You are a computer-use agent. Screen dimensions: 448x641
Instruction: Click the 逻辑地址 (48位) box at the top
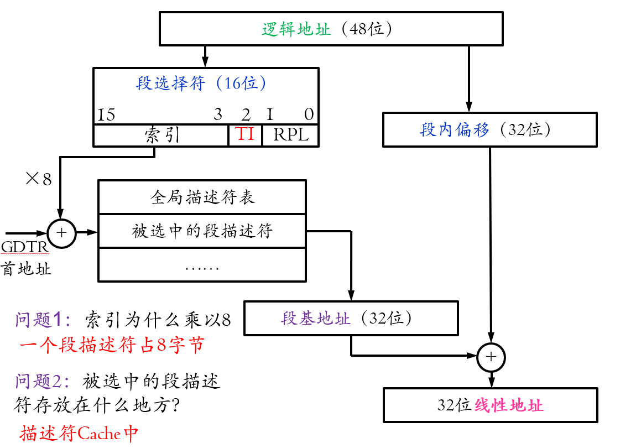(331, 29)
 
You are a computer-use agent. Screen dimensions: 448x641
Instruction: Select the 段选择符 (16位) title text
(202, 84)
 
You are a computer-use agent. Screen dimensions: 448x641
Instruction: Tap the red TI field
(245, 134)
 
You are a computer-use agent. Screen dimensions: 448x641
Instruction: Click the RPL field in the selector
(290, 135)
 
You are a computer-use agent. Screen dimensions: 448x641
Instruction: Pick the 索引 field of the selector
(161, 135)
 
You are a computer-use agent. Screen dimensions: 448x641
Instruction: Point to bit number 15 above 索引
(106, 114)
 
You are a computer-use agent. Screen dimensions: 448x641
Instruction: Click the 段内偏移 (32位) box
(490, 130)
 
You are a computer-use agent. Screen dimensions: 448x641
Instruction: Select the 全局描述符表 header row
(202, 197)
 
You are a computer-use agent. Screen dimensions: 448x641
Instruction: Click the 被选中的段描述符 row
(202, 231)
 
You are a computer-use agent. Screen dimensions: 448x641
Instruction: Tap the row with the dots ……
(202, 267)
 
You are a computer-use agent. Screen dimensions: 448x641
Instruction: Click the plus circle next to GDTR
(61, 233)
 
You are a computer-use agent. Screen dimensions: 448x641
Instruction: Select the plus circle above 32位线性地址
(491, 357)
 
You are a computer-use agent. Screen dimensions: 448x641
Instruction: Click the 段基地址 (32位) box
(351, 319)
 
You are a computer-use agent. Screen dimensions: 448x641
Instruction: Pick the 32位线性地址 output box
(490, 405)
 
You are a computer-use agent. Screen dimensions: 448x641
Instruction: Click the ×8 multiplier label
(39, 179)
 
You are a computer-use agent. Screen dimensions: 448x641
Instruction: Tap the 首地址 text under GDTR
(27, 269)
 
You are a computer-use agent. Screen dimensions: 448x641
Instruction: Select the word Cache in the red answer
(99, 433)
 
